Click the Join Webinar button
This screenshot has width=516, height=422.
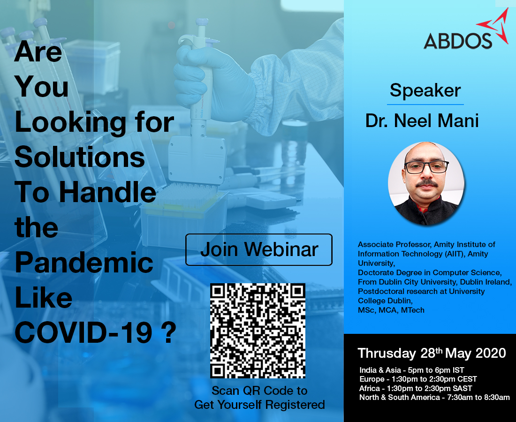(259, 249)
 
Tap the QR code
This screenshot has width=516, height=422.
(258, 331)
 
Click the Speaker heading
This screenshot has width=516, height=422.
(425, 90)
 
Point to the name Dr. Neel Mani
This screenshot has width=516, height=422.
(422, 121)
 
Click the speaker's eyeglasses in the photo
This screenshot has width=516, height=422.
(426, 167)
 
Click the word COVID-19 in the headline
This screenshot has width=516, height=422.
(83, 332)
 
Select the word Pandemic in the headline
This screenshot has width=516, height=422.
(84, 264)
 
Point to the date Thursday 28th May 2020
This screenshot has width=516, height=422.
(432, 353)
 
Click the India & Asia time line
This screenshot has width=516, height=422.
(412, 370)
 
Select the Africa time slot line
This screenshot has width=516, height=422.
(416, 388)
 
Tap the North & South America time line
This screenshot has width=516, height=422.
(434, 398)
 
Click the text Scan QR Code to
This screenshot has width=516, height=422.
(259, 391)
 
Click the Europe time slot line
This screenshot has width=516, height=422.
(418, 379)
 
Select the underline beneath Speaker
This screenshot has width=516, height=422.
(425, 104)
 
